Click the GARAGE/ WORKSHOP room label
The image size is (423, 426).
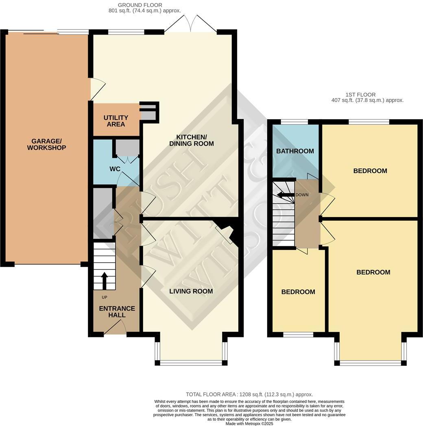tap(46, 144)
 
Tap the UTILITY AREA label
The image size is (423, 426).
tap(116, 121)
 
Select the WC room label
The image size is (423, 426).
tap(115, 169)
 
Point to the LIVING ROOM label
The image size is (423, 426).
tap(191, 291)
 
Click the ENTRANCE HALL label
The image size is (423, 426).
tap(116, 312)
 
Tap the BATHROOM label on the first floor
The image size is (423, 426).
tap(295, 151)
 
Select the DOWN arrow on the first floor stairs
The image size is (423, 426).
tap(286, 195)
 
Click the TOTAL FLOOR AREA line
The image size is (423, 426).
tap(249, 394)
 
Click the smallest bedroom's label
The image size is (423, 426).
tap(298, 292)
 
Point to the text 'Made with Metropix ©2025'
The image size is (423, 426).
tap(249, 423)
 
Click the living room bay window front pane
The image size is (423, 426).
tap(191, 362)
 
